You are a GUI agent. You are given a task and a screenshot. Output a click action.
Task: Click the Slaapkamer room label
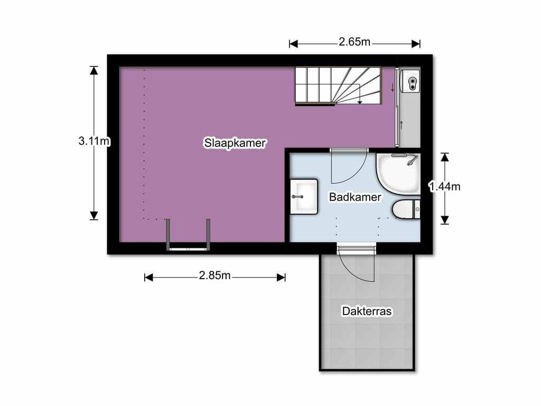pos(235,143)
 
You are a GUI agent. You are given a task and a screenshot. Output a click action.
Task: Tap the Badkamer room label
pos(355,197)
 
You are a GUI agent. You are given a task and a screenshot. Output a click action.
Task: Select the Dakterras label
pos(367,311)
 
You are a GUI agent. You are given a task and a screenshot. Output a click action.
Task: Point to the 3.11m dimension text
pos(94,141)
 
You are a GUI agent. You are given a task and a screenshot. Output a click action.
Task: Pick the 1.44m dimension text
pos(445,186)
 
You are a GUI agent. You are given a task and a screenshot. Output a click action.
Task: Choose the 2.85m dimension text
pos(214,275)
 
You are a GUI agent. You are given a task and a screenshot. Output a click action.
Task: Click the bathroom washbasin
pos(304,196)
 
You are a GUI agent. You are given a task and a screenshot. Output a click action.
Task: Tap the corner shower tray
pos(398,172)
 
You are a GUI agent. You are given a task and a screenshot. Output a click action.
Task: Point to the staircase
pos(338,86)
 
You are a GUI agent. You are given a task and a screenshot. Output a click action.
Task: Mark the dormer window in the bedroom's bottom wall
pos(189,235)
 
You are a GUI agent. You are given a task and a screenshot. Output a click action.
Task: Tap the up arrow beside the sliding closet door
pos(402,125)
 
